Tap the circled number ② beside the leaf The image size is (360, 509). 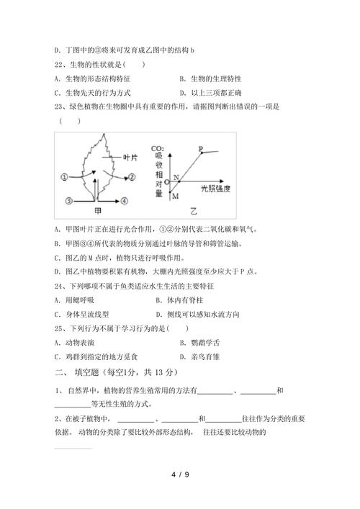(x=132, y=176)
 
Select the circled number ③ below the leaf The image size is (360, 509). (x=69, y=200)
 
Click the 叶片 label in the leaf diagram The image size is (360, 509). (x=130, y=157)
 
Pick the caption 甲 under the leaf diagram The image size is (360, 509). (x=98, y=212)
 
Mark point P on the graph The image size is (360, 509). (x=201, y=149)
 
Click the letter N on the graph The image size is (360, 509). (x=176, y=176)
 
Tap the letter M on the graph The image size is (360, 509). (x=175, y=194)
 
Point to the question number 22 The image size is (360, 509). (x=59, y=64)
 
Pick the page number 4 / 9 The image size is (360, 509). (x=180, y=474)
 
